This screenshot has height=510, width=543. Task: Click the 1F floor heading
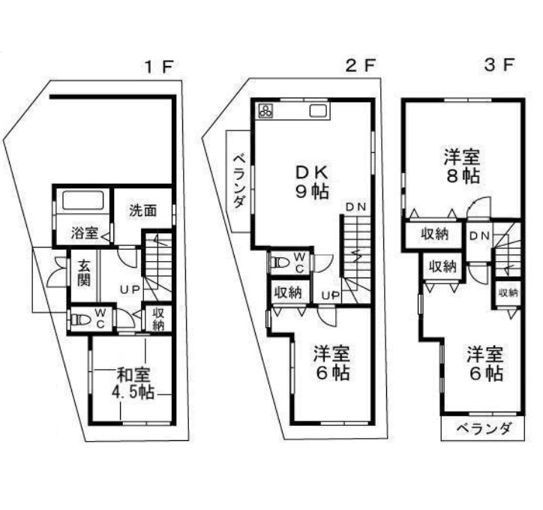[158, 67]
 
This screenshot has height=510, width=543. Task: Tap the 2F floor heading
[361, 65]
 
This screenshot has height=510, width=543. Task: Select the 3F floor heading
[499, 64]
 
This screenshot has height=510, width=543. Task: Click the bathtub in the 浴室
[83, 200]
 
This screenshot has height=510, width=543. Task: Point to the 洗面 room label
[143, 211]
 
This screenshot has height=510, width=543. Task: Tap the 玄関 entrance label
[83, 273]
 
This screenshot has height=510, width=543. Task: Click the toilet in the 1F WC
[78, 320]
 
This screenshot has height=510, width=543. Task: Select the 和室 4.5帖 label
[133, 383]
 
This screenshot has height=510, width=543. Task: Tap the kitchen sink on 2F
[316, 111]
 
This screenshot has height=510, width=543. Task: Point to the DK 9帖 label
[312, 181]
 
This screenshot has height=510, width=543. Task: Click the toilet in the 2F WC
[280, 262]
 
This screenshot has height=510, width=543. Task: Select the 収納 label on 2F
[288, 293]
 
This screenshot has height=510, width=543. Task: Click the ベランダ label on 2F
[238, 181]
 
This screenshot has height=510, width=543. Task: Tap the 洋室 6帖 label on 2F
[331, 363]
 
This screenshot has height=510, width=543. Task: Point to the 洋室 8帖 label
[462, 166]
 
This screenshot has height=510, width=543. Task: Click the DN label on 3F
[479, 236]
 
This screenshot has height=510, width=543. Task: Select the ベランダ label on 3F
[483, 429]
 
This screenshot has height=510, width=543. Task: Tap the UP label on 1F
[130, 289]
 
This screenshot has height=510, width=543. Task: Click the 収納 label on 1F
[158, 319]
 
